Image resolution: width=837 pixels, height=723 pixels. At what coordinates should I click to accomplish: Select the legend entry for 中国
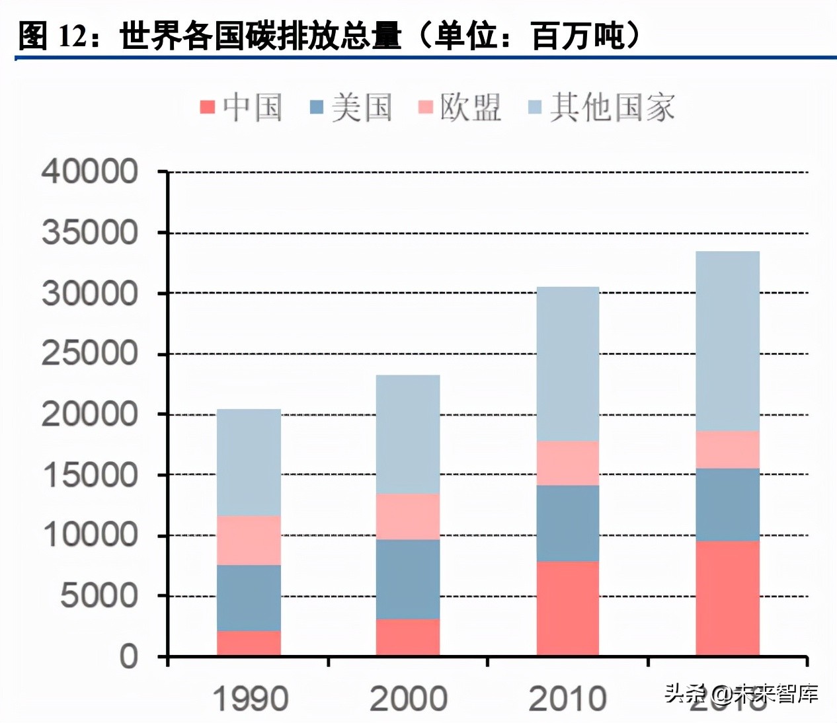point(241,107)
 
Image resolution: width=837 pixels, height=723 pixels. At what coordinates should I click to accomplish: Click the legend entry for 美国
point(351,107)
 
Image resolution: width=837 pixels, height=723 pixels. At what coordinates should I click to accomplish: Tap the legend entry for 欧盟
point(460,107)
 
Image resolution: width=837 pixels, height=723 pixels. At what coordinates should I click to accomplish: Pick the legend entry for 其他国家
point(602,107)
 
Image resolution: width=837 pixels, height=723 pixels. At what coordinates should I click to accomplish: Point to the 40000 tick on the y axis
point(90,172)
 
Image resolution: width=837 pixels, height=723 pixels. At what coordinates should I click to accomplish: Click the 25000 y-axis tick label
point(90,354)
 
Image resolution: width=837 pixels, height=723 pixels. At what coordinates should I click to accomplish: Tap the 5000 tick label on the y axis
point(99,596)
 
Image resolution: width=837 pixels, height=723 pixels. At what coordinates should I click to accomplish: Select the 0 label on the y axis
point(128,657)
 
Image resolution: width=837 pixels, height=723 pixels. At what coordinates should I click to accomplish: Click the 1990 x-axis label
point(250,699)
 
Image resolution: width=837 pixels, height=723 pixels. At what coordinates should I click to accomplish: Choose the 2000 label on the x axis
point(408,699)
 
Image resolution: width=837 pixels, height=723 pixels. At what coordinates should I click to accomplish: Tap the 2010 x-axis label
point(567,699)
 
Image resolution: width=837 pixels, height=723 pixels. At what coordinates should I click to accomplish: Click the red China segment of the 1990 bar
point(249,643)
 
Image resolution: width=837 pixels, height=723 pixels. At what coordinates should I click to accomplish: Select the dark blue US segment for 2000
point(408,579)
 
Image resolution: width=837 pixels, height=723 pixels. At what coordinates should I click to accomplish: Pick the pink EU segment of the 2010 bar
point(567,463)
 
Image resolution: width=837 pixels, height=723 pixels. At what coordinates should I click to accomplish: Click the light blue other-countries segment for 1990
point(249,462)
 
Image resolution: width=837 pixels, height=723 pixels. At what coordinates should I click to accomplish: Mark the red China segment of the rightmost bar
point(727,598)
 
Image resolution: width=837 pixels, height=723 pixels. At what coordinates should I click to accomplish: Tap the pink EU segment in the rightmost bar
point(727,449)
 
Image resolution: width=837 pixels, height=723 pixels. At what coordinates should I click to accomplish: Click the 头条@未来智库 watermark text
point(741,693)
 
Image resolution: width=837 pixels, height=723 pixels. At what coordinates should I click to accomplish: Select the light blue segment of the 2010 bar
point(567,363)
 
